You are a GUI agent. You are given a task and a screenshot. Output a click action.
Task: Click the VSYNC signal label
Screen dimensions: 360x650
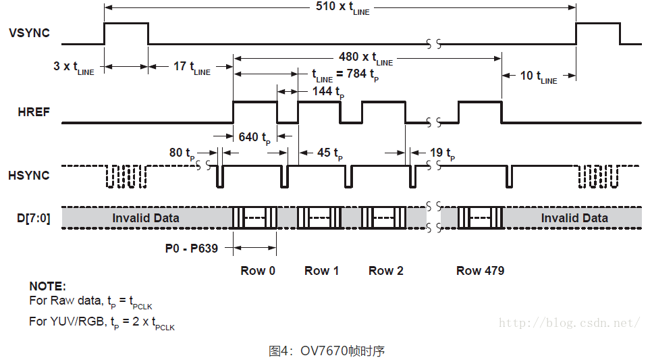click(29, 32)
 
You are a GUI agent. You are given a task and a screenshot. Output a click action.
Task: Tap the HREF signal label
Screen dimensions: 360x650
click(34, 112)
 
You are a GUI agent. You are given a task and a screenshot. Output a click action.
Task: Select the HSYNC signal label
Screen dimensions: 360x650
click(29, 176)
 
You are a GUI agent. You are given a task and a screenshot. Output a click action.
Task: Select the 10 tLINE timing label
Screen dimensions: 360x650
click(539, 76)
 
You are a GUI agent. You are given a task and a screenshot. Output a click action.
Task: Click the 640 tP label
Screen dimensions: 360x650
click(254, 138)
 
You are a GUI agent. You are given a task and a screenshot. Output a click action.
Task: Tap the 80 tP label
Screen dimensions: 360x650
click(182, 153)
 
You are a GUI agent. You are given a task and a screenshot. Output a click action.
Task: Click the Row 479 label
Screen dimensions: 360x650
click(480, 271)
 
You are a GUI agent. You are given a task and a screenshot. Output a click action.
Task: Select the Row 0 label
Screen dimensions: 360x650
click(258, 271)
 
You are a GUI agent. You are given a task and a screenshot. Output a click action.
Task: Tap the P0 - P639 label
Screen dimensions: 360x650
click(192, 249)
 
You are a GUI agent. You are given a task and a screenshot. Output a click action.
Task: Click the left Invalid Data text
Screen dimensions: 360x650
click(146, 217)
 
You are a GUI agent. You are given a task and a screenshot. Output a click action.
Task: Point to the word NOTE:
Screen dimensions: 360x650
click(47, 286)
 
